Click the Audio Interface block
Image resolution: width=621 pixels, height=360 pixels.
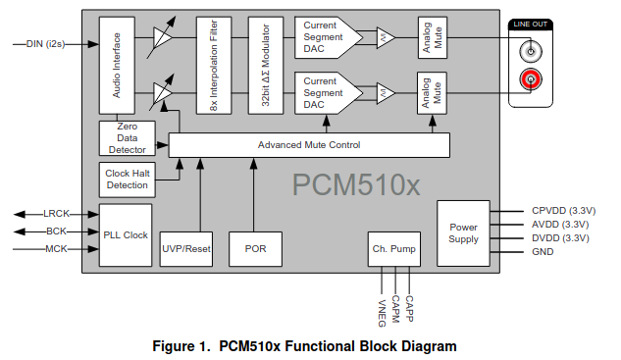pyautogui.click(x=117, y=66)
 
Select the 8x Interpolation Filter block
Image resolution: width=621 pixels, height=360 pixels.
pyautogui.click(x=214, y=66)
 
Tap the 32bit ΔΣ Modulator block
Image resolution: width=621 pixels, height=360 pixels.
pyautogui.click(x=265, y=66)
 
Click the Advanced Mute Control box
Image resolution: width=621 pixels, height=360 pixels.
pyautogui.click(x=309, y=145)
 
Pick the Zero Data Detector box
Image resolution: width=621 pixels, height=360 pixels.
pyautogui.click(x=128, y=138)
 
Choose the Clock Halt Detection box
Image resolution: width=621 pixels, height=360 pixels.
pyautogui.click(x=128, y=180)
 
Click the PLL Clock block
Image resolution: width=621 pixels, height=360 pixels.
pyautogui.click(x=126, y=235)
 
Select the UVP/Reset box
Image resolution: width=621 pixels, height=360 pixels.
pyautogui.click(x=186, y=249)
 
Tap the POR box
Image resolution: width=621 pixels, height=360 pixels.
pyautogui.click(x=255, y=249)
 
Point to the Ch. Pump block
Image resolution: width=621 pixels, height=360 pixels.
pyautogui.click(x=394, y=249)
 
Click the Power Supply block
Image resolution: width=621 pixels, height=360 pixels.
pyautogui.click(x=463, y=233)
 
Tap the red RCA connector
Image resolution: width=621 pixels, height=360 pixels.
pyautogui.click(x=531, y=79)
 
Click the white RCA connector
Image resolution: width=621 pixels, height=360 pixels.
pyautogui.click(x=531, y=51)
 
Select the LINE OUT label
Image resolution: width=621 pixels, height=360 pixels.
pyautogui.click(x=531, y=25)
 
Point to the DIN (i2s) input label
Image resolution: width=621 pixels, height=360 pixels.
pyautogui.click(x=45, y=44)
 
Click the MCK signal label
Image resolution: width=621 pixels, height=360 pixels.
pyautogui.click(x=56, y=249)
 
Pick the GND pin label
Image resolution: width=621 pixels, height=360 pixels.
pyautogui.click(x=543, y=252)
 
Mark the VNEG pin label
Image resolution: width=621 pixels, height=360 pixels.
pyautogui.click(x=382, y=313)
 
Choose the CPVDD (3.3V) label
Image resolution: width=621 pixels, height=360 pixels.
pyautogui.click(x=563, y=211)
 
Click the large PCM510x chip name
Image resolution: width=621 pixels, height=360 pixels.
pyautogui.click(x=356, y=184)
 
